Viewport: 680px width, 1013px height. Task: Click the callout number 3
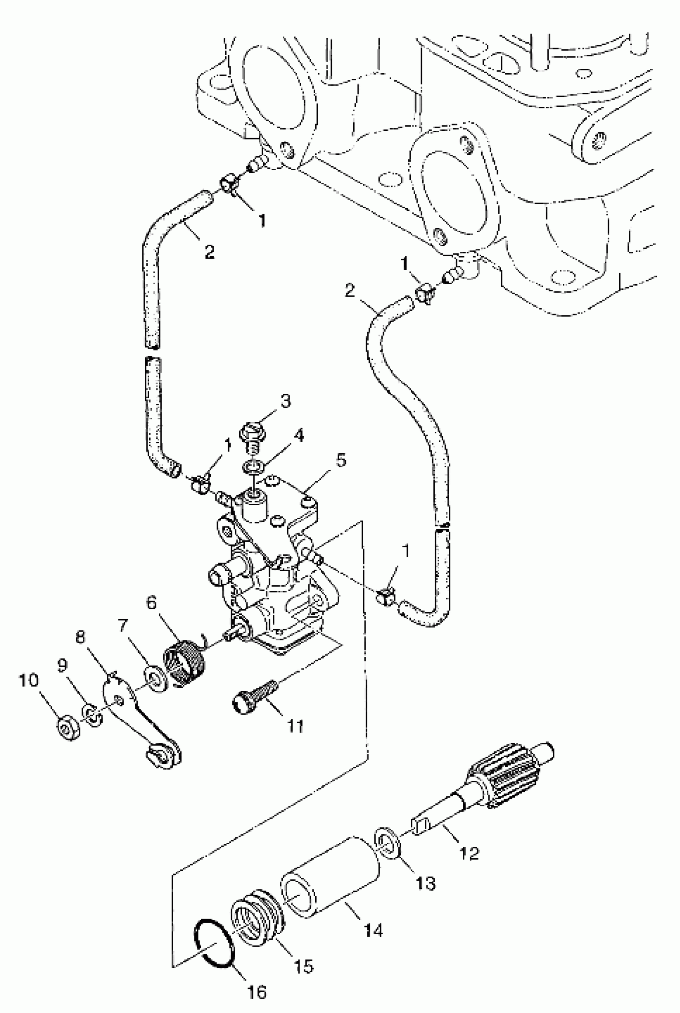(285, 401)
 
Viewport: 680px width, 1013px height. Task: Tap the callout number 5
(341, 460)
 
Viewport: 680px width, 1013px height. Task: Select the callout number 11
(296, 726)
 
